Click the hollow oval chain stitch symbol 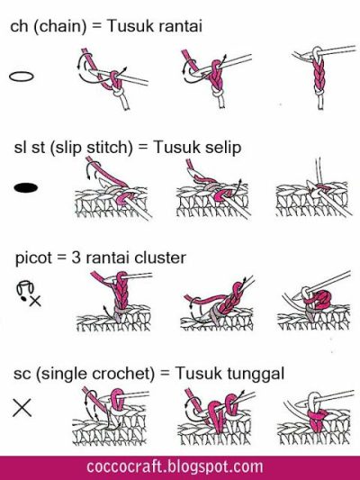pyautogui.click(x=22, y=77)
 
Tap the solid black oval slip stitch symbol pyautogui.click(x=26, y=187)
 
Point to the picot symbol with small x pyautogui.click(x=29, y=294)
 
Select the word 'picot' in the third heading pyautogui.click(x=33, y=258)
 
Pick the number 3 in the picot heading pyautogui.click(x=76, y=258)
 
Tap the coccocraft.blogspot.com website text pyautogui.click(x=175, y=466)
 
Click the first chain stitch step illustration pyautogui.click(x=112, y=79)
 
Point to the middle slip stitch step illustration pyautogui.click(x=213, y=190)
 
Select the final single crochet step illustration pyautogui.click(x=314, y=417)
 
